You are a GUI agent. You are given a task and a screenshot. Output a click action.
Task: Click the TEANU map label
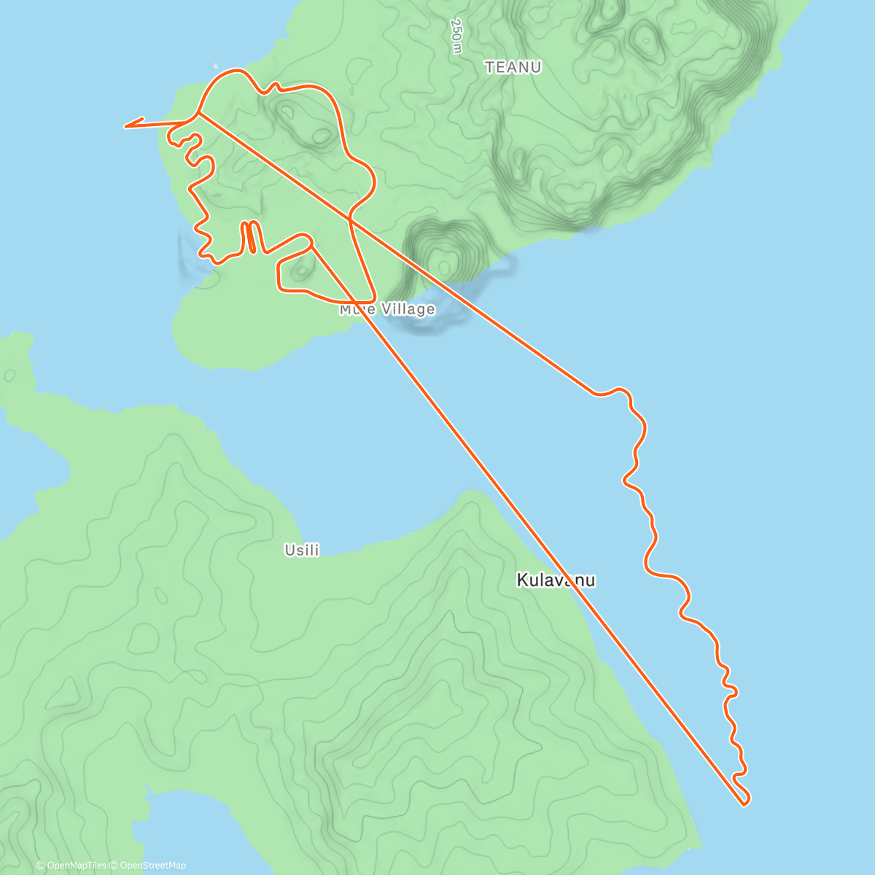513,67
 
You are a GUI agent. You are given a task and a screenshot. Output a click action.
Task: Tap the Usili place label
302,551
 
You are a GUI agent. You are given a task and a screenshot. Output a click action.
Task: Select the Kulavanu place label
556,580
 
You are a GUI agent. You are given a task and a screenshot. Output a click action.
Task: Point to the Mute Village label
387,309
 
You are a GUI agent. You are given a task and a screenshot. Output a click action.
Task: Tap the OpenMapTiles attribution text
76,866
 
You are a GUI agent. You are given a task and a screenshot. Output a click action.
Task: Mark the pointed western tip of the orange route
126,127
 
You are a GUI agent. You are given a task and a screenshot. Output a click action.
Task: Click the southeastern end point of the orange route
744,804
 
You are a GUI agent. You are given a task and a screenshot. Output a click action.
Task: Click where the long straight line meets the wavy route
596,394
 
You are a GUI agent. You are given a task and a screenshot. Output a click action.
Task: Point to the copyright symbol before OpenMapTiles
41,866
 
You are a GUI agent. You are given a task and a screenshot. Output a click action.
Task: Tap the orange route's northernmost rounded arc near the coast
234,71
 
